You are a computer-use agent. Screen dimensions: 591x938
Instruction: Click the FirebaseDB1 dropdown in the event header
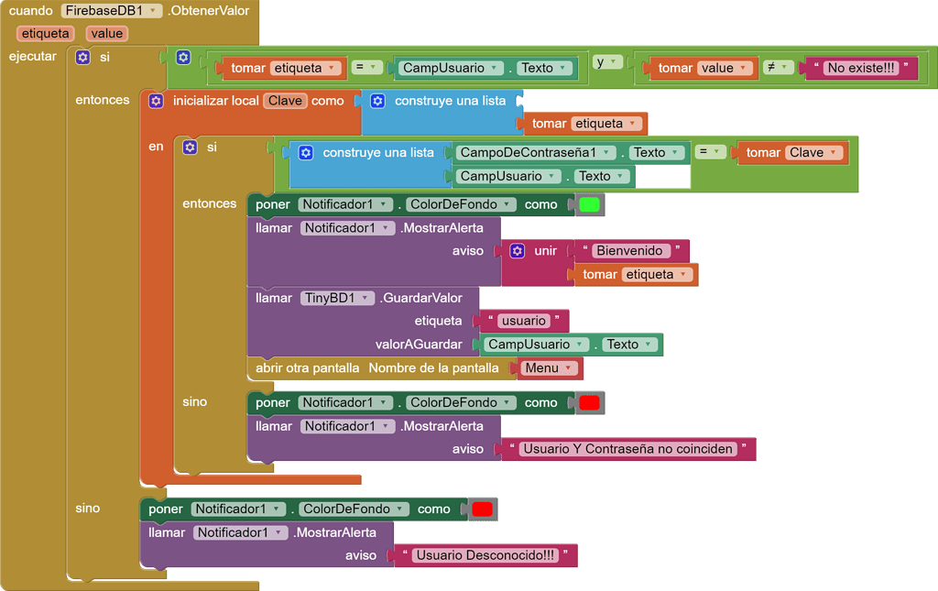(x=112, y=11)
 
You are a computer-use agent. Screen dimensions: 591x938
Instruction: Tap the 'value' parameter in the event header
(x=106, y=33)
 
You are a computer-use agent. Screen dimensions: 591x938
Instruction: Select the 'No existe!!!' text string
(x=860, y=68)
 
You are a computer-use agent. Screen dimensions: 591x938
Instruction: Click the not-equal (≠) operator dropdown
(x=778, y=67)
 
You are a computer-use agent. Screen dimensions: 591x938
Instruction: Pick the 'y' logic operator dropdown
(x=607, y=62)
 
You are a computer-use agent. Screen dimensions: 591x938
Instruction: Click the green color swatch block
(x=589, y=204)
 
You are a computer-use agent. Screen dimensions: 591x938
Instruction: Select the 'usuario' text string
(x=524, y=321)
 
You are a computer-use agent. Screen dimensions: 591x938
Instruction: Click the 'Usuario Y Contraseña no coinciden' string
(x=627, y=449)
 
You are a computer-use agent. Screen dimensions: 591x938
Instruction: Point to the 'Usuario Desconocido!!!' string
(x=485, y=555)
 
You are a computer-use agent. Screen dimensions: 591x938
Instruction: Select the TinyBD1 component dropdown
(x=337, y=298)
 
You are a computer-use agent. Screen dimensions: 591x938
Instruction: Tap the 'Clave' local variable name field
(x=285, y=101)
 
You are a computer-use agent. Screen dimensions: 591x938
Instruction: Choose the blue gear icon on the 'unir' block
(x=517, y=251)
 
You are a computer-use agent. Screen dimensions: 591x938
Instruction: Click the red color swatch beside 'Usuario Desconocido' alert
(x=482, y=509)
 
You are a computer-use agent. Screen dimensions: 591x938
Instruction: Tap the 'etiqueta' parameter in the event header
(x=46, y=33)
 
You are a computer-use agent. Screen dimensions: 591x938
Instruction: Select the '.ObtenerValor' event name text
(x=209, y=11)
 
